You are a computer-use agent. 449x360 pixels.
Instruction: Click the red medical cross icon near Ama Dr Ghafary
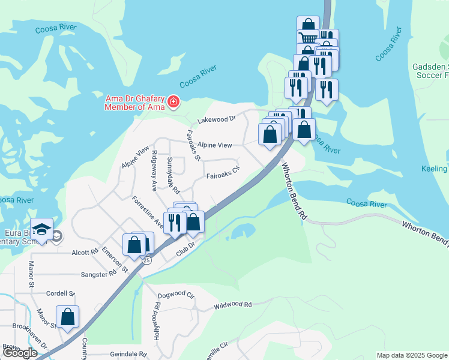pos(173,103)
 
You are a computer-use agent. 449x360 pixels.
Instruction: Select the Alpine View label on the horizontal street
pos(215,145)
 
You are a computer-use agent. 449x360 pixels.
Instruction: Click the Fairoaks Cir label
pos(223,176)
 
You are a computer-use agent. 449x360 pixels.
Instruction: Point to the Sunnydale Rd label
pos(173,175)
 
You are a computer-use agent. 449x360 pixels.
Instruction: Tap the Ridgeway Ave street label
pos(155,170)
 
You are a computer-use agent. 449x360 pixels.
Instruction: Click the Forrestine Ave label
pos(148,212)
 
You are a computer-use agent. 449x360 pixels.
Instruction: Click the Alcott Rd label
pos(85,253)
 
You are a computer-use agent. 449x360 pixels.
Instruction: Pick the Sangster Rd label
pos(98,274)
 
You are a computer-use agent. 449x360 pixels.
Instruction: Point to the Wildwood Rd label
pos(232,305)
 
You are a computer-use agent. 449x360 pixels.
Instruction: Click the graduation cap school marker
pos(42,230)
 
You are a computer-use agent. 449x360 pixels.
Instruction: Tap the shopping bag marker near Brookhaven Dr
pos(68,317)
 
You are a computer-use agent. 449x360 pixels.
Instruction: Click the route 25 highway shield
pos(146,261)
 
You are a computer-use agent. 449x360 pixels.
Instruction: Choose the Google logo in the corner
pos(19,353)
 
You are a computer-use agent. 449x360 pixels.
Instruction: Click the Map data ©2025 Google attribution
pos(412,355)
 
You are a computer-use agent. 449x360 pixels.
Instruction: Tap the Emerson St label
pos(115,259)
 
